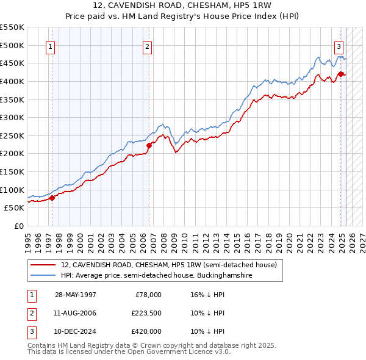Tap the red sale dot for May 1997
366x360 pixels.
(x=52, y=197)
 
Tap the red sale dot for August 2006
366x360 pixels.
(x=149, y=145)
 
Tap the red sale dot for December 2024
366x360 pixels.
(x=340, y=74)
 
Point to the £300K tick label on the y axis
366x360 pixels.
(x=12, y=117)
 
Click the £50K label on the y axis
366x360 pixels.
(x=14, y=207)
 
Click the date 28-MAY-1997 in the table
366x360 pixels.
(x=76, y=295)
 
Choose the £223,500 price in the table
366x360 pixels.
(x=146, y=313)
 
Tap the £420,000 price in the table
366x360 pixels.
(x=146, y=331)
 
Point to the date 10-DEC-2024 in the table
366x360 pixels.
(x=76, y=331)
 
